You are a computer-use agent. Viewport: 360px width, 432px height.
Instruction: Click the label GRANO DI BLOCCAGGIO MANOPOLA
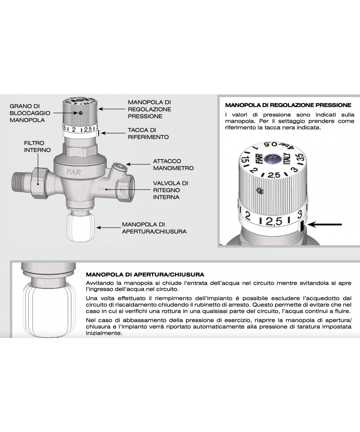point(30,113)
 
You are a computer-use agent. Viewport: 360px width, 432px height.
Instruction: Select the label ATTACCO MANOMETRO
point(173,165)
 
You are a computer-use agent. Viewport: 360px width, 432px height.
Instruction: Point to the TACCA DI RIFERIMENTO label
point(148,133)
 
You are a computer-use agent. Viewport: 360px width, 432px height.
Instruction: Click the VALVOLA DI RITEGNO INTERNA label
point(171,190)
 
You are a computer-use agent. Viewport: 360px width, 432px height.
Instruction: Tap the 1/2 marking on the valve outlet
point(123,191)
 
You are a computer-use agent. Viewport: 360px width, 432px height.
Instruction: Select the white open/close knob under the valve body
point(81,226)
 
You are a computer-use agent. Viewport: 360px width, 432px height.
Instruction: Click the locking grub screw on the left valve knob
point(81,112)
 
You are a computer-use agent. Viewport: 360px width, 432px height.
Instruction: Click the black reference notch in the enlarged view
point(302,226)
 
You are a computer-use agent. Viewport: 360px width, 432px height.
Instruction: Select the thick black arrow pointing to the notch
point(325,225)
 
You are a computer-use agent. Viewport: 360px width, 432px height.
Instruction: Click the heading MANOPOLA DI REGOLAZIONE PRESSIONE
point(288,105)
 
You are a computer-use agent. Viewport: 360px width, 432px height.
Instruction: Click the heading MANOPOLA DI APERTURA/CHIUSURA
point(145,274)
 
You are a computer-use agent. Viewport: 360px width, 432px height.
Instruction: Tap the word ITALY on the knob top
point(287,159)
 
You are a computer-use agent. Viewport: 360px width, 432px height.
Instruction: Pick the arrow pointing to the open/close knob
point(108,228)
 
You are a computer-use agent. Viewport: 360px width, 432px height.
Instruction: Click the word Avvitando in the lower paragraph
point(99,283)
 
